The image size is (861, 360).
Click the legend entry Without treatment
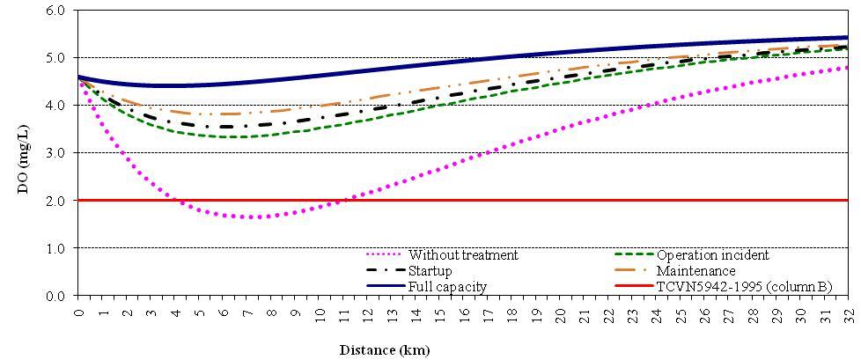pos(463,255)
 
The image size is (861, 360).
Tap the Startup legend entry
pos(431,271)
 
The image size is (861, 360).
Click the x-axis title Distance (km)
pos(385,349)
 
